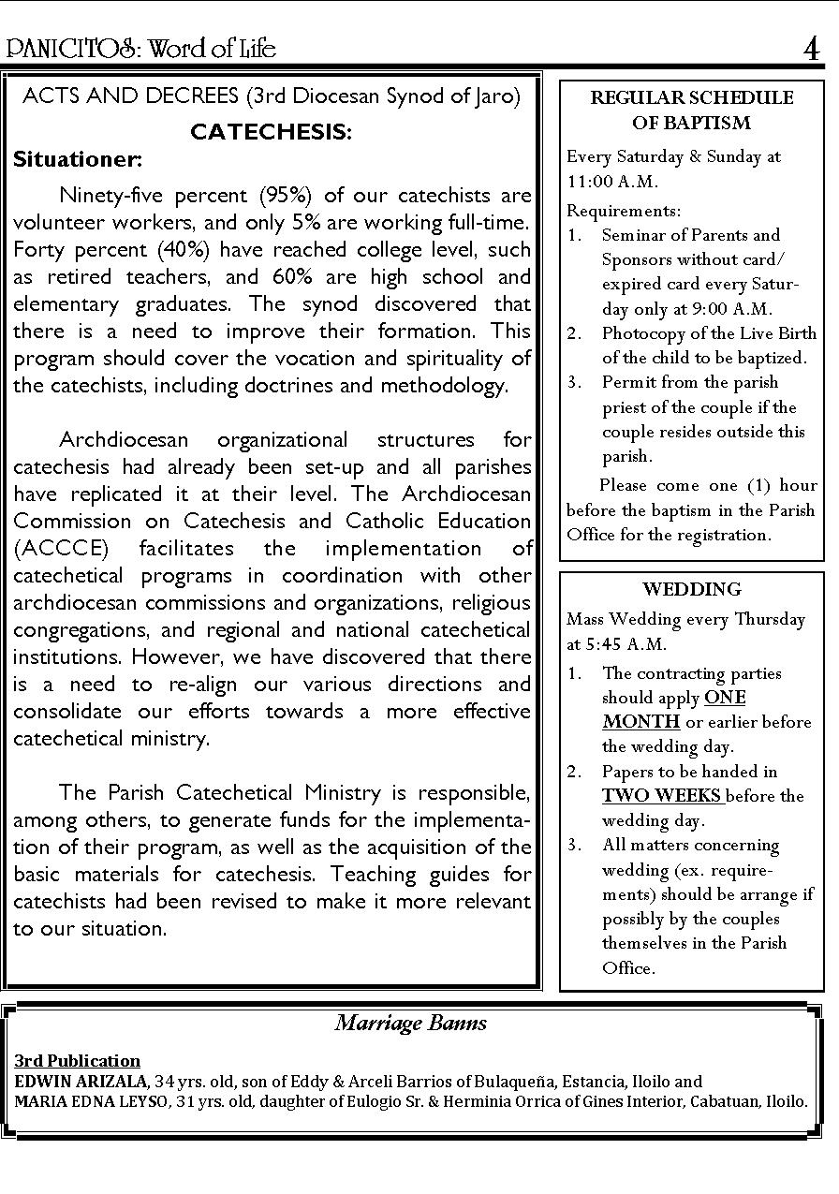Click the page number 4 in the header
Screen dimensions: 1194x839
point(811,48)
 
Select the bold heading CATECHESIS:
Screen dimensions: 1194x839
point(271,132)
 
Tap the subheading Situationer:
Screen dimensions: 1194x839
point(78,159)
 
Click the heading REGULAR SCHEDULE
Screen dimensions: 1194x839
point(691,97)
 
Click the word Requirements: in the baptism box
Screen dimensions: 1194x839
point(623,211)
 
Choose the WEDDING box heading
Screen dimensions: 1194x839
point(691,589)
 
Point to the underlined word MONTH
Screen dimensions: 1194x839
point(640,722)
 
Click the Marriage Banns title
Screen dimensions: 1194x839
point(411,1023)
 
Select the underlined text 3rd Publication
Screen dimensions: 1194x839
point(77,1061)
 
